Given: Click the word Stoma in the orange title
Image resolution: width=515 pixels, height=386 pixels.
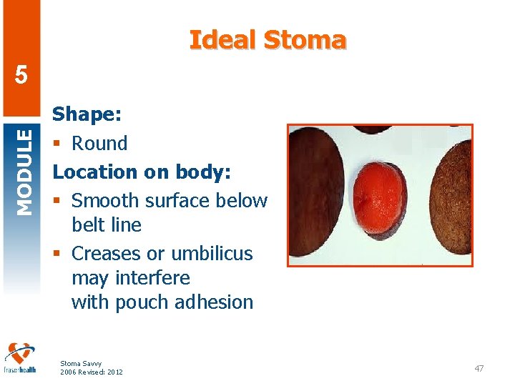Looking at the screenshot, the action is [x=305, y=39].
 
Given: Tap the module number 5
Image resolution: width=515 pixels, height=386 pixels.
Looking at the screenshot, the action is [x=21, y=75].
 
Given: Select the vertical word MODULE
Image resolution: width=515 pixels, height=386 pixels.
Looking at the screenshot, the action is [x=24, y=172].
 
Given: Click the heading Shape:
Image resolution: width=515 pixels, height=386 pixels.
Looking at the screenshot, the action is [x=87, y=114].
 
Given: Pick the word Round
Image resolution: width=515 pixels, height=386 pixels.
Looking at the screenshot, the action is [x=99, y=144].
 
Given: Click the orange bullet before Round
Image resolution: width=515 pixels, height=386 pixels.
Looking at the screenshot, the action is [x=57, y=143].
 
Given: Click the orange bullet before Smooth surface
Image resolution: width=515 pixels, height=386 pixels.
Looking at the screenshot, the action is [x=57, y=200].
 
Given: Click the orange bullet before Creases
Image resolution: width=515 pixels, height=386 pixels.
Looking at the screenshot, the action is [x=57, y=253].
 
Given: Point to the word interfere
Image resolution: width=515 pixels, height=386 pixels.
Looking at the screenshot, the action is [x=153, y=277].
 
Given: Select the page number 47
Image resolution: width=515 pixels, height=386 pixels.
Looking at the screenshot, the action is [x=479, y=368].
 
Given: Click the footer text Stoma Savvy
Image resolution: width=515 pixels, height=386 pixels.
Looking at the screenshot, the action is [x=81, y=363].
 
